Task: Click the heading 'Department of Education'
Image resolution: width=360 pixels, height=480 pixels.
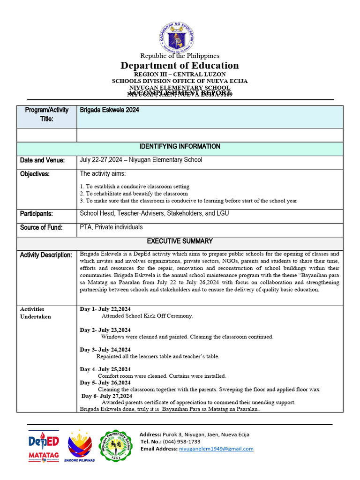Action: [180, 66]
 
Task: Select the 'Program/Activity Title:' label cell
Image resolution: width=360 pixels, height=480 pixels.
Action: [46, 114]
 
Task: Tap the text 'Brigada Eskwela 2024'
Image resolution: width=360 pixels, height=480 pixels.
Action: [110, 110]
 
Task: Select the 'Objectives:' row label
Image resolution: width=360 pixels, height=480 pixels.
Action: [35, 174]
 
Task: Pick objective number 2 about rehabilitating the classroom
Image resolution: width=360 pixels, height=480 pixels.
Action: [134, 194]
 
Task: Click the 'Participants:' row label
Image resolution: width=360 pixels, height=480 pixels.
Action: [37, 214]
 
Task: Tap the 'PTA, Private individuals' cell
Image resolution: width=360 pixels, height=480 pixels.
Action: [112, 227]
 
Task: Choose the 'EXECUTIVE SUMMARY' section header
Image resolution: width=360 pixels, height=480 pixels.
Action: [180, 241]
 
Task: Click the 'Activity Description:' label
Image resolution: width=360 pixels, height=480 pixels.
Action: [46, 255]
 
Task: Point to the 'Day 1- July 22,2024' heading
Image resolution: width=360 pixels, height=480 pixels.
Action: [105, 309]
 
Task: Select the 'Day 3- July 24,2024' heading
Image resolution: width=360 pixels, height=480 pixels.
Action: [105, 350]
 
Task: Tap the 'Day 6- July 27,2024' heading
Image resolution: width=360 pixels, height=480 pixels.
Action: [107, 396]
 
